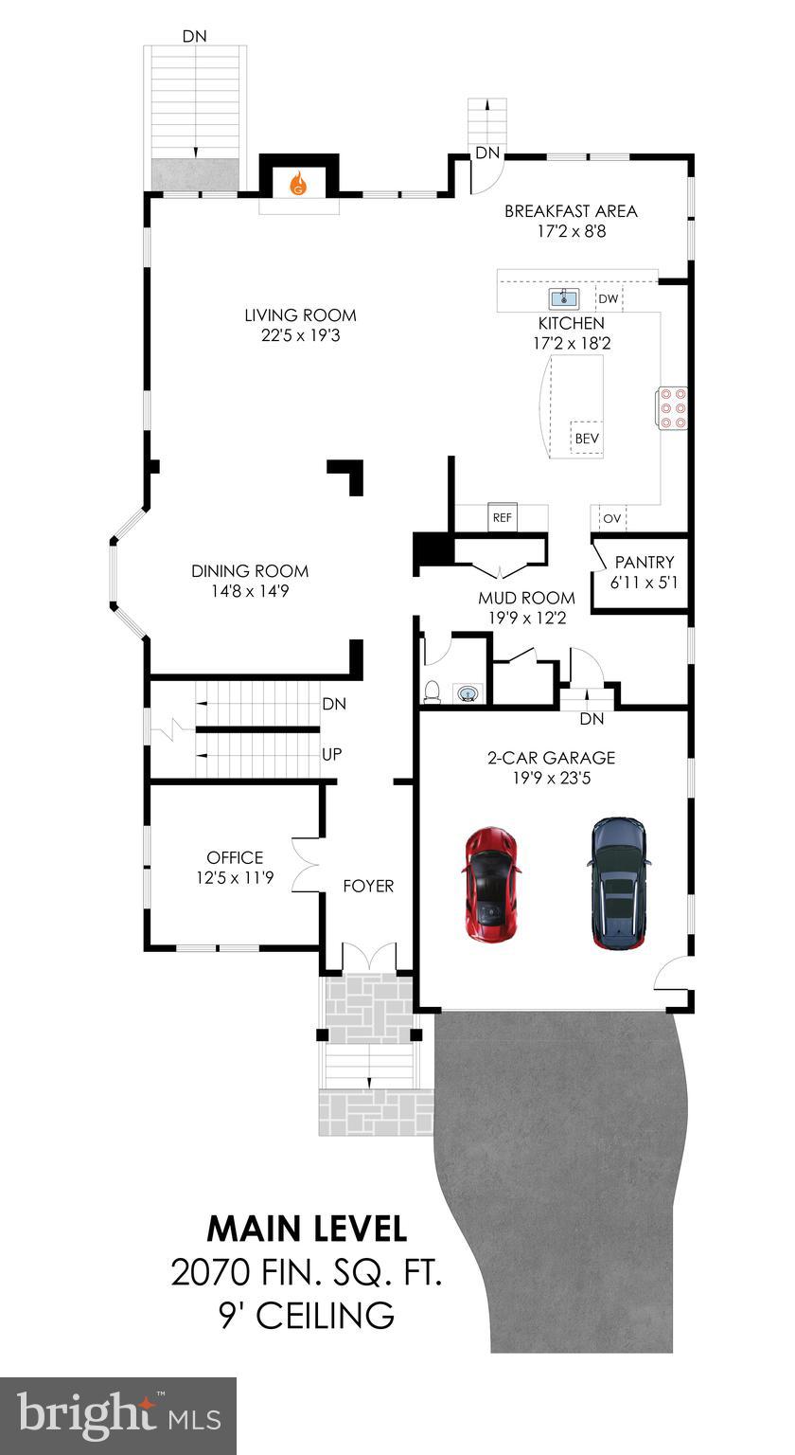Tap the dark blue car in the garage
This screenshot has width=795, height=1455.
click(x=619, y=883)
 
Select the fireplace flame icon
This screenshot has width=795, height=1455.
click(x=298, y=182)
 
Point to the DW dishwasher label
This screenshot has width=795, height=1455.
click(x=609, y=299)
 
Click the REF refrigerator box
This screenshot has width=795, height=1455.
click(x=502, y=518)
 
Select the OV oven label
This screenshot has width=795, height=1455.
click(x=612, y=519)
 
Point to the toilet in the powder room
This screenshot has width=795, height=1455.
click(x=433, y=692)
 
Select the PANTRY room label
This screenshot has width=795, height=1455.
click(x=645, y=563)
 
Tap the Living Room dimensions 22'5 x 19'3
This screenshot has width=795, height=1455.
click(x=301, y=335)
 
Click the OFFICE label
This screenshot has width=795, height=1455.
click(x=235, y=858)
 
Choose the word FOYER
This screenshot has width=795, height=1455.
click(x=368, y=886)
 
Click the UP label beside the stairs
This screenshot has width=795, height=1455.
click(x=332, y=755)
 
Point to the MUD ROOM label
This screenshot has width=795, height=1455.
click(x=526, y=598)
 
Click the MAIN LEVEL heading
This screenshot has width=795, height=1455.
click(x=307, y=1229)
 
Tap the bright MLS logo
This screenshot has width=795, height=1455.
click(x=118, y=1415)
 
